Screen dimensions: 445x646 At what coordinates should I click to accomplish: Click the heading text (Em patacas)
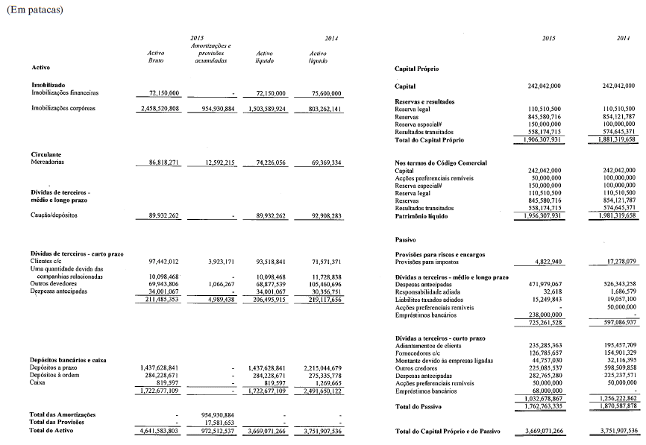tap(34, 10)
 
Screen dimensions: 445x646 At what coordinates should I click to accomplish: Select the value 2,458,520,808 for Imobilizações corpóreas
tap(159, 108)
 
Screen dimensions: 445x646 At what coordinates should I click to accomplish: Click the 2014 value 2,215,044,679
tap(318, 368)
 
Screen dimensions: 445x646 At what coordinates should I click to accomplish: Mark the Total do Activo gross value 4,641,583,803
tap(159, 431)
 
